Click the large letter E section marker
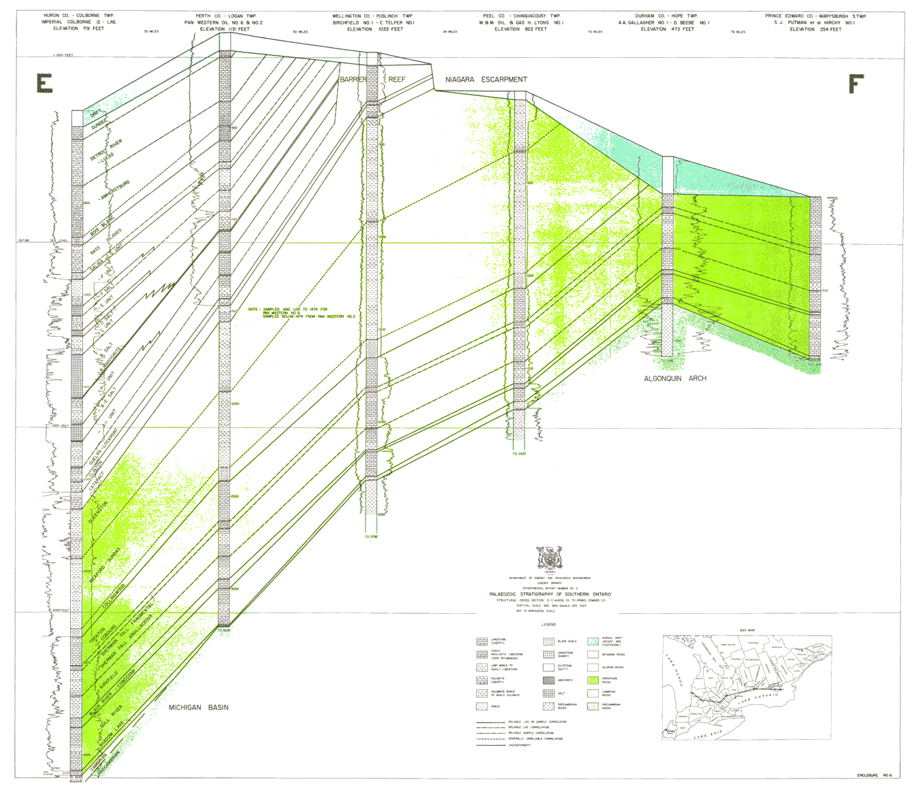point(45,84)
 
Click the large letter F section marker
point(855,84)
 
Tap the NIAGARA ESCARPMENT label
point(486,80)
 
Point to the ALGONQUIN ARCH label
point(675,378)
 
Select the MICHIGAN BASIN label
point(199,708)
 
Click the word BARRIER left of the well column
point(353,80)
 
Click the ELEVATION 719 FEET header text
point(73,29)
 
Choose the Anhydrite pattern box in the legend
point(549,681)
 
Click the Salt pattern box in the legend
point(549,693)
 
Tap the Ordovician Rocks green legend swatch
point(593,681)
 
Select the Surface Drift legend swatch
point(593,642)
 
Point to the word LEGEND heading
point(549,625)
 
